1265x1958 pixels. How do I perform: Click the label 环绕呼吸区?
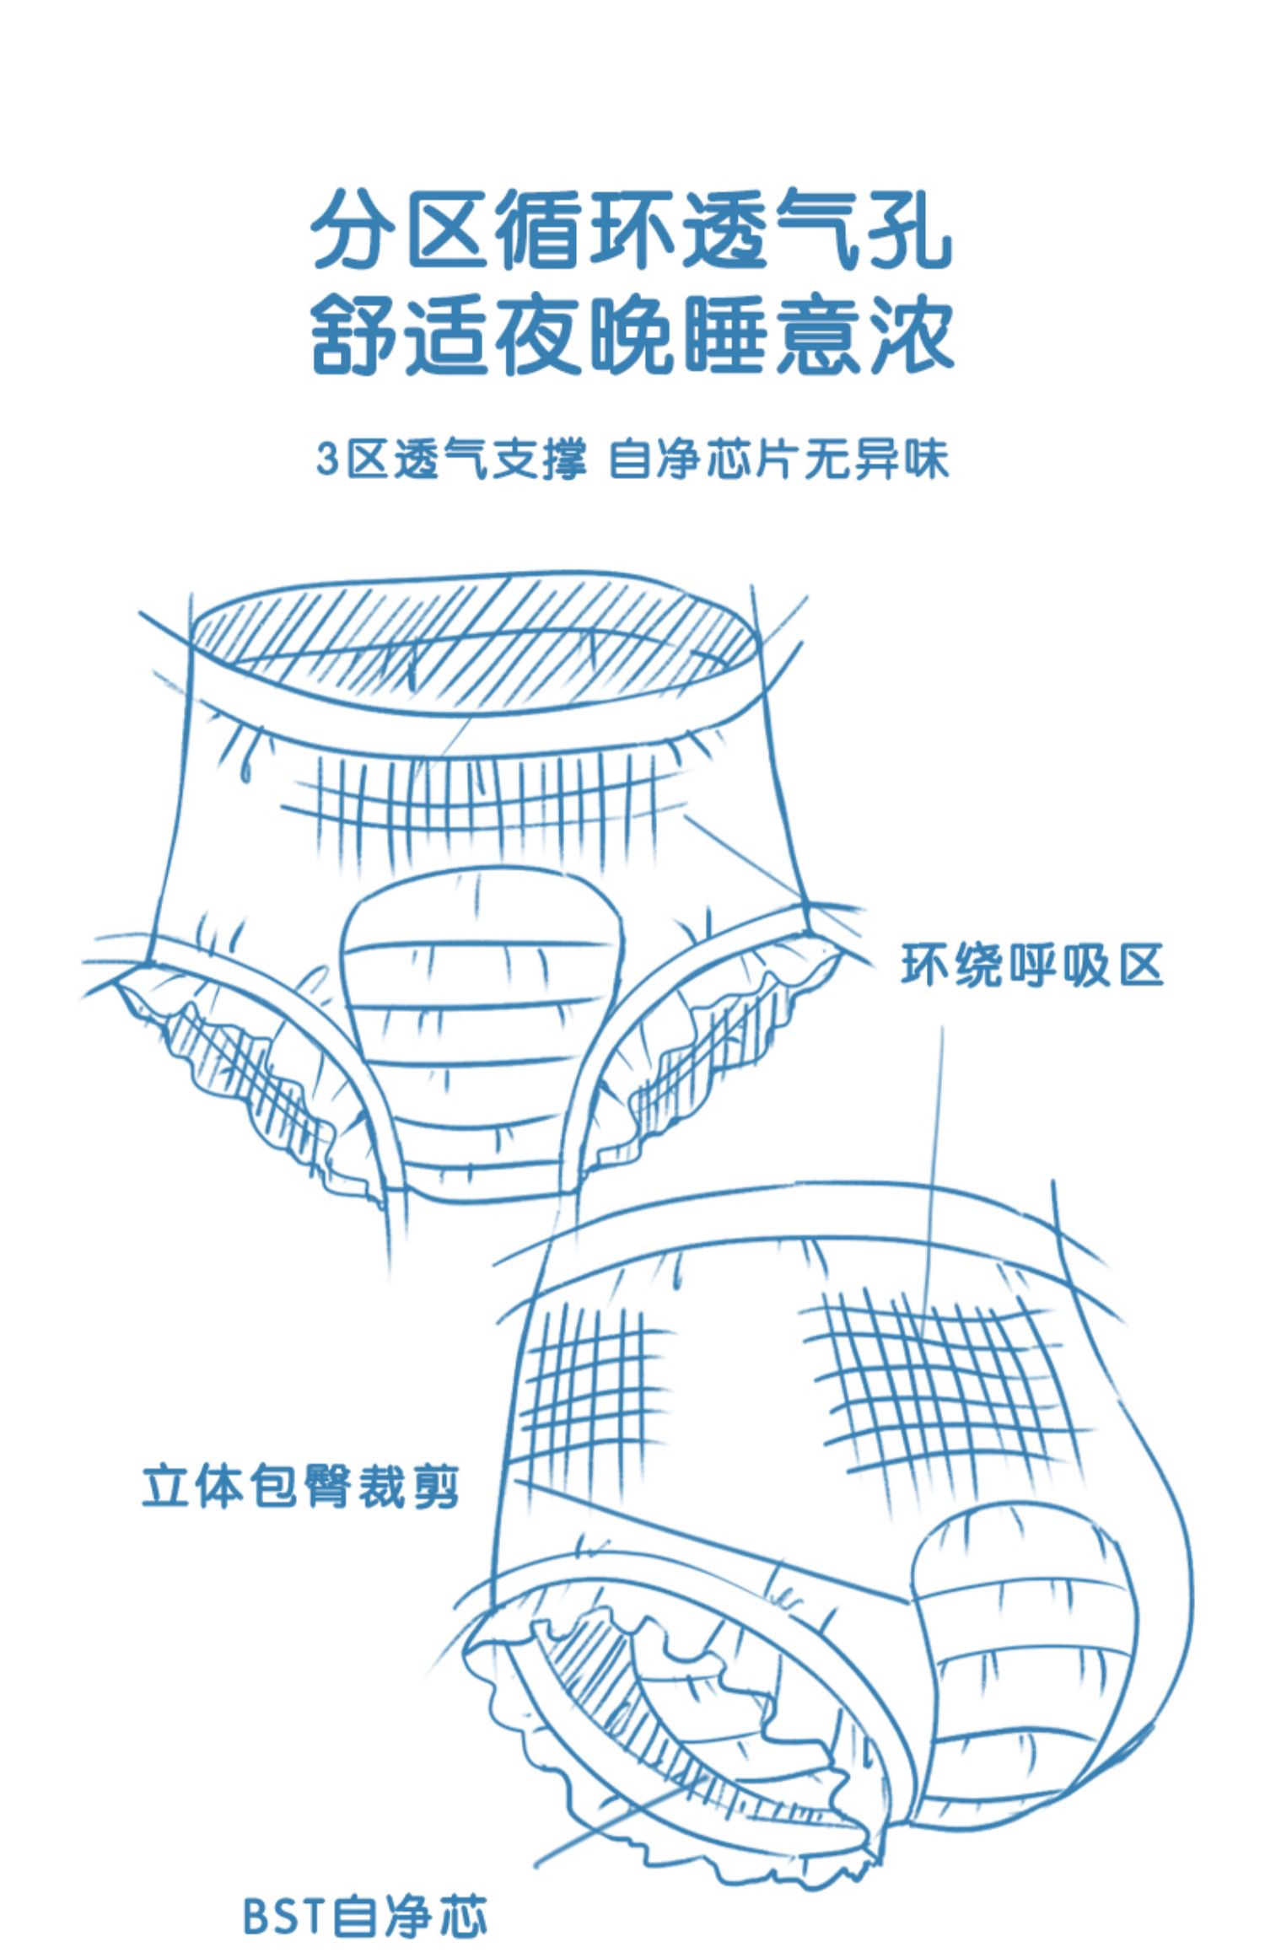tap(1032, 965)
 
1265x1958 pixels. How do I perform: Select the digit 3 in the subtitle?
tap(327, 460)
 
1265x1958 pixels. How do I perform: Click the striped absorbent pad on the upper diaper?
tap(481, 1012)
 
